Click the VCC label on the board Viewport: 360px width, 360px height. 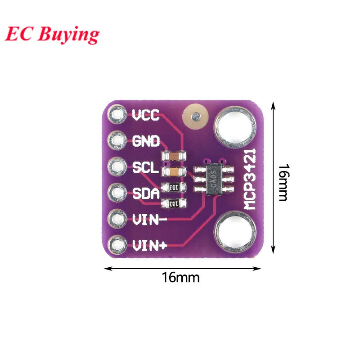146,116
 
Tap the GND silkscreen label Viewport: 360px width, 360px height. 146,141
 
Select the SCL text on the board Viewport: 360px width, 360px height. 145,168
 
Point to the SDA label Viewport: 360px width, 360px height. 146,194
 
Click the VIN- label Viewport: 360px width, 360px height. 150,220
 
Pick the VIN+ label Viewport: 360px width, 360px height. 150,246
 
